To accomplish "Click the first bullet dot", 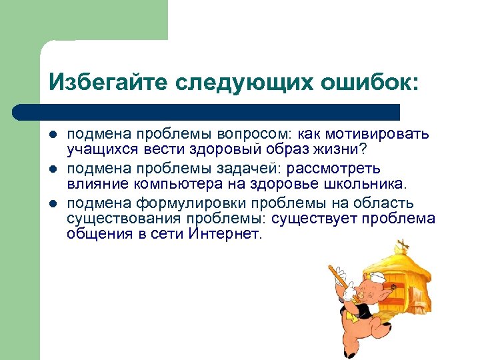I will click(x=53, y=135).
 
